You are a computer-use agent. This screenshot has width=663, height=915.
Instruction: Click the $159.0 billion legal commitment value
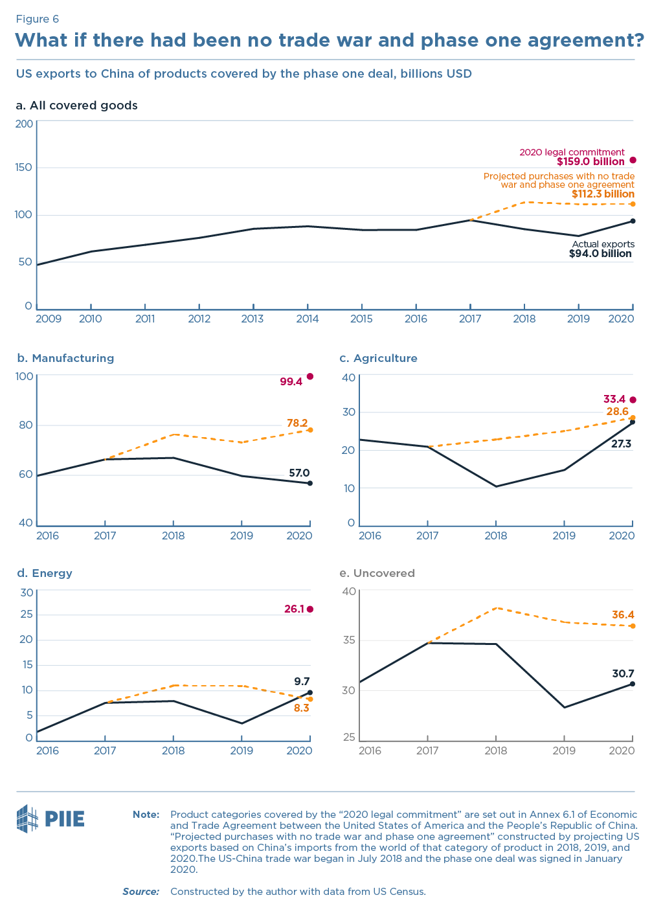[590, 162]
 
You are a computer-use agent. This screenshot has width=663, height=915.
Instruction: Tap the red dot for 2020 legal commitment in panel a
[633, 161]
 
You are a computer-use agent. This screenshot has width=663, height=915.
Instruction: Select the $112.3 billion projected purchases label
[602, 194]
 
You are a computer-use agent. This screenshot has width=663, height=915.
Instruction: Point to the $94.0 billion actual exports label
[600, 254]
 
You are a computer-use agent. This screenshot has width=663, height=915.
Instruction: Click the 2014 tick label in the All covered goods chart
[307, 319]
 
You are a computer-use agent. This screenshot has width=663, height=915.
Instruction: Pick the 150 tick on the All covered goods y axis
[24, 168]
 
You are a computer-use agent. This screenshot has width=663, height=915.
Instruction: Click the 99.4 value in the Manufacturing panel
[291, 382]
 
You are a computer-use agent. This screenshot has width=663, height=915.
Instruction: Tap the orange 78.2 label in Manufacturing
[297, 424]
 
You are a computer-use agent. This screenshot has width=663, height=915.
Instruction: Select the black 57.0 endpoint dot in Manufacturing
[310, 483]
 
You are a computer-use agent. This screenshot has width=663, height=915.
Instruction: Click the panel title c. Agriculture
[378, 358]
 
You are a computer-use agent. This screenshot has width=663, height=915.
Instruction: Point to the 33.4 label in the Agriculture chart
[614, 400]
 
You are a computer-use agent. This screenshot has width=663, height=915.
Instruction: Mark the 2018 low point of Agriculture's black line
[496, 486]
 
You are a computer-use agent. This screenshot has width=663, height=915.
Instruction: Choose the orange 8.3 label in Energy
[301, 708]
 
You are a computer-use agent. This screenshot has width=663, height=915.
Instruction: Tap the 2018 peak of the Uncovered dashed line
[496, 608]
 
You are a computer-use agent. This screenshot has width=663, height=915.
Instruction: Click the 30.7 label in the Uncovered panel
[623, 674]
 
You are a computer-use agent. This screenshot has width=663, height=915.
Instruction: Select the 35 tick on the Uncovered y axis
[349, 640]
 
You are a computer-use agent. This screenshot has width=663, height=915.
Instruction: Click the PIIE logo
[51, 819]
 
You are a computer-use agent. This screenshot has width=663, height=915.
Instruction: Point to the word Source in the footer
[140, 892]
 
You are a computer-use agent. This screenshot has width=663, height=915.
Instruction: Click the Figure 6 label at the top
[37, 19]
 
